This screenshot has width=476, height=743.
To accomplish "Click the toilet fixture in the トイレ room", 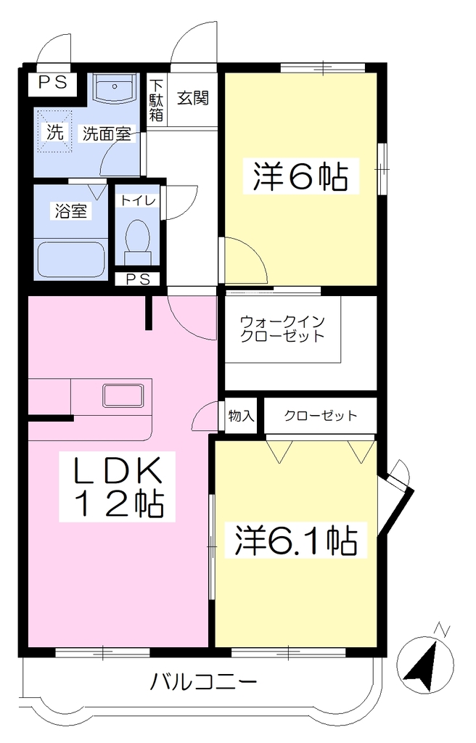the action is coord(137,242).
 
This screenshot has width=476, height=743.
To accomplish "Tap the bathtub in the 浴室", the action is coord(70,259).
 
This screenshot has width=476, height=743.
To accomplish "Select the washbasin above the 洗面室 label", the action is coord(114,88).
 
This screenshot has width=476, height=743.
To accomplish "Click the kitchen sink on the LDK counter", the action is coord(123,395).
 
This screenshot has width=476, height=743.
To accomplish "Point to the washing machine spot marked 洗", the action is coord(55,133).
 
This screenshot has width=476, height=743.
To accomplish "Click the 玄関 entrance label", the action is coord(193,98).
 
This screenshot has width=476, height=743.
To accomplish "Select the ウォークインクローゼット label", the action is coord(282,329).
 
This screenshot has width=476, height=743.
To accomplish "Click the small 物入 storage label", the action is coord(242,416).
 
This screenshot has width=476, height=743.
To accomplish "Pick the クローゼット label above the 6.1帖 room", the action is coord(321,416).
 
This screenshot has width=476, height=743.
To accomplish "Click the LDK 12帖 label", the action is coord(117,487).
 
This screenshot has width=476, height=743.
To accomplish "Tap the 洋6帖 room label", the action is coord(300,176).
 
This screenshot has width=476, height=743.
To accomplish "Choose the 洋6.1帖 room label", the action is coord(296,541).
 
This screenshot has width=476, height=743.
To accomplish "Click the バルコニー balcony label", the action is coord(203,683).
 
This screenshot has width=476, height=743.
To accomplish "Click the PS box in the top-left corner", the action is coord(53,83).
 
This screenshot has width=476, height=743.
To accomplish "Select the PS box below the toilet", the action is coord(138,279).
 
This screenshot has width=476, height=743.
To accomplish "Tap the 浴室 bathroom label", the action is coord(71,211).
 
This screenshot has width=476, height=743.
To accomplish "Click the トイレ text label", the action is coord(138,200).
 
